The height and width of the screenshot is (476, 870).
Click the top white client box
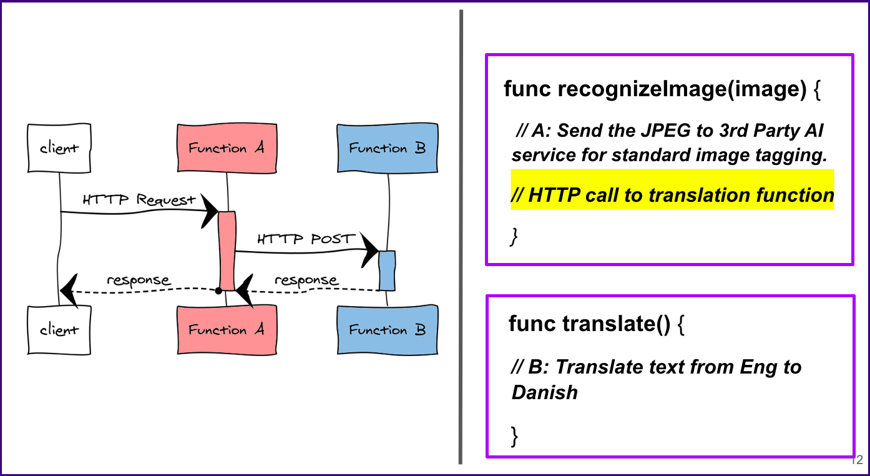(x=59, y=148)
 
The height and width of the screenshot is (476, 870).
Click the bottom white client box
(x=59, y=330)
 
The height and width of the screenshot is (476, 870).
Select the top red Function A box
(x=227, y=148)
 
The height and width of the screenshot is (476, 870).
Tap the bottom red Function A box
(x=227, y=330)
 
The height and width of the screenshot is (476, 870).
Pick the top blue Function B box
(x=387, y=148)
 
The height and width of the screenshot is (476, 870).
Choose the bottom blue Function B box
(x=387, y=330)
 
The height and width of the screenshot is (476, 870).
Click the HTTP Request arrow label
(x=139, y=200)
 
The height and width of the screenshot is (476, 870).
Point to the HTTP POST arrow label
(x=306, y=239)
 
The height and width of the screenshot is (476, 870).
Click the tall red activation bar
(x=227, y=250)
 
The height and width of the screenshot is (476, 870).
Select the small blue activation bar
(x=387, y=270)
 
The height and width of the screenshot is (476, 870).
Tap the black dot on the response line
(x=218, y=290)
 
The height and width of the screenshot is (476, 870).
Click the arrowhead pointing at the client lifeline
(x=68, y=290)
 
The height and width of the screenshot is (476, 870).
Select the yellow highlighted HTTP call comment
(x=672, y=196)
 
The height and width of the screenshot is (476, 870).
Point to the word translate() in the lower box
(x=615, y=324)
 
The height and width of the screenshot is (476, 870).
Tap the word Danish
(x=545, y=392)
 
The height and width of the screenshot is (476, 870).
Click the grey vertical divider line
(x=461, y=237)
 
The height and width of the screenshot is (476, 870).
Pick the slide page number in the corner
(x=857, y=460)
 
